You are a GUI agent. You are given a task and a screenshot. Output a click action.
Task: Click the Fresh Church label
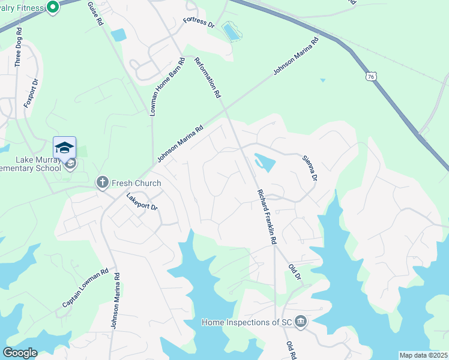click(136, 182)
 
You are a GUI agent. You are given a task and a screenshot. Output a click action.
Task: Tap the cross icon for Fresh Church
click(103, 182)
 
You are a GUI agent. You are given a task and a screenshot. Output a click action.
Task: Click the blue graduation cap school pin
click(65, 148)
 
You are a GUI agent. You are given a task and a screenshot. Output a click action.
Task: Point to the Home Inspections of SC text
click(246, 323)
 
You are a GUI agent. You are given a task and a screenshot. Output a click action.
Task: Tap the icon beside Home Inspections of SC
click(301, 322)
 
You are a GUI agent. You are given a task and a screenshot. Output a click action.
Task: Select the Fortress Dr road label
click(199, 23)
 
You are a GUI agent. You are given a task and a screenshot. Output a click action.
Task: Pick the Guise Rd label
click(95, 13)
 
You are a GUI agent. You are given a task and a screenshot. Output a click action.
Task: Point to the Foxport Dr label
click(31, 93)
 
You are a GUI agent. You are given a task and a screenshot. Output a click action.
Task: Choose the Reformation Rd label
click(208, 77)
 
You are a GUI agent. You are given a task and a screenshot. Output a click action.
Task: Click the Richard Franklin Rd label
click(267, 216)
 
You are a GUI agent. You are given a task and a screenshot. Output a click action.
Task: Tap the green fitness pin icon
click(52, 7)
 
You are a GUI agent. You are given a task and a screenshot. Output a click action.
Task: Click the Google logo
click(20, 352)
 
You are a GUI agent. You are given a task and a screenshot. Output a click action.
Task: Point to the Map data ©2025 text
click(423, 355)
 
